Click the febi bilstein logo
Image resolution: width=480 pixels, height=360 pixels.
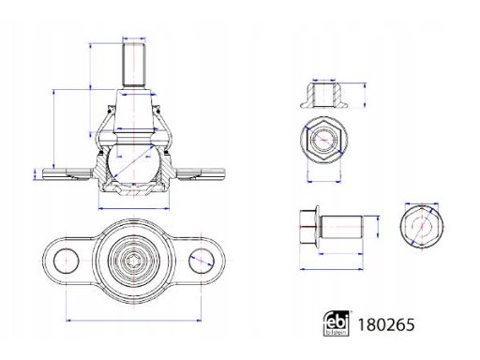coord(336,323)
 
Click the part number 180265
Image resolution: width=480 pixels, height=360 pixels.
coord(386,325)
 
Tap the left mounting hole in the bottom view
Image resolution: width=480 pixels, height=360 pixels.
coord(66,261)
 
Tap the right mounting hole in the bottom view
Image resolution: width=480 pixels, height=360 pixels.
coord(202,261)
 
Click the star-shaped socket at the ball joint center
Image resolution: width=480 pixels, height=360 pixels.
coord(133,261)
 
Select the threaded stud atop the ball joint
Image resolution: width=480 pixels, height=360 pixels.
coord(134,65)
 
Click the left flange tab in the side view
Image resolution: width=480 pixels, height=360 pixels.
coord(67,173)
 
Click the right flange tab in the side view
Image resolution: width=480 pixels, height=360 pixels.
coord(200,173)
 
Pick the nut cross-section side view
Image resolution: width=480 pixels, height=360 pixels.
coord(323,96)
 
